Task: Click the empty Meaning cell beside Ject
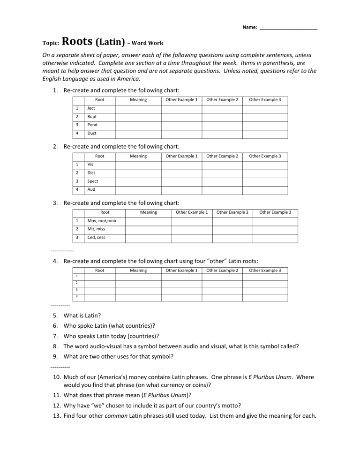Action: pyautogui.click(x=138, y=108)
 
